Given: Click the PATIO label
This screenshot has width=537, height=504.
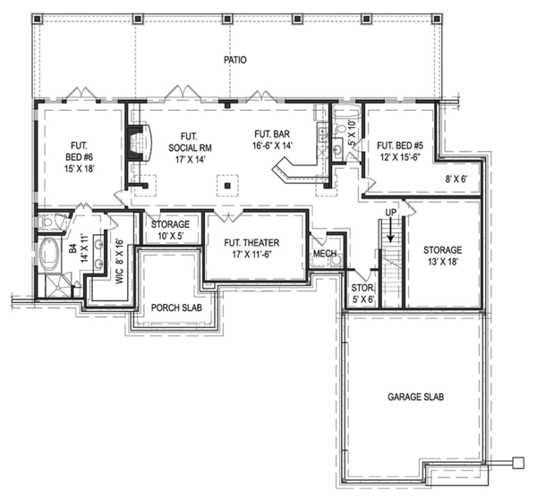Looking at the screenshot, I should pyautogui.click(x=234, y=60).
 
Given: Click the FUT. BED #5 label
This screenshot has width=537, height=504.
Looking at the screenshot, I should pyautogui.click(x=399, y=150).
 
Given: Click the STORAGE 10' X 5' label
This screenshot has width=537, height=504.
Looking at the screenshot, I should pyautogui.click(x=169, y=230).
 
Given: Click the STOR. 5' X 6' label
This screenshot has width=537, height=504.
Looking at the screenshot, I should pyautogui.click(x=363, y=294).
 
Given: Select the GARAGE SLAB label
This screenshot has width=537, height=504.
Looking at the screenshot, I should pyautogui.click(x=416, y=396).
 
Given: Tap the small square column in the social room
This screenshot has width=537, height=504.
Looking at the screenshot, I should pyautogui.click(x=229, y=186).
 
